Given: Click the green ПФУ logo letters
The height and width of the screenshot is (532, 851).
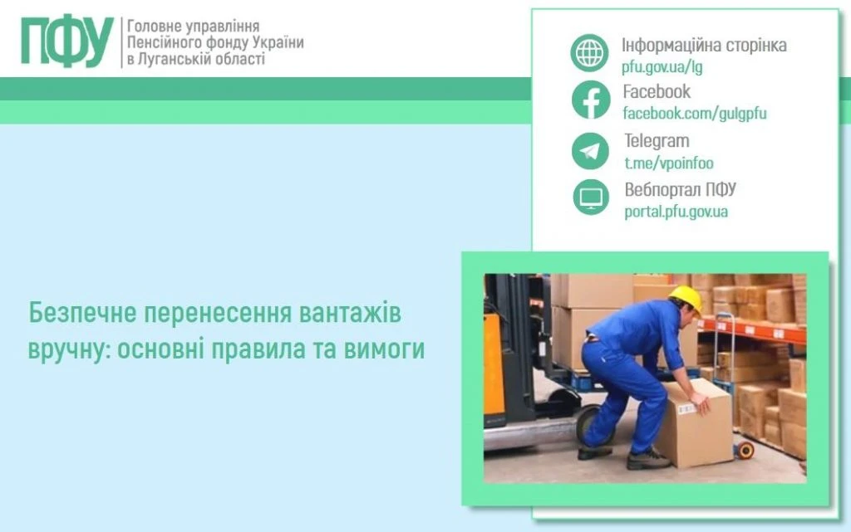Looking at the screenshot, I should tap(67, 41).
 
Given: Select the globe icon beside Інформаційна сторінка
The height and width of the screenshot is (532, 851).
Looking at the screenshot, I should tap(590, 53).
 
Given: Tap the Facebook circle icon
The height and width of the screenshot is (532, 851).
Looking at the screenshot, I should tap(590, 100).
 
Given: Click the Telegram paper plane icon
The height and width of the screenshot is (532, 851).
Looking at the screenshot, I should tap(590, 151).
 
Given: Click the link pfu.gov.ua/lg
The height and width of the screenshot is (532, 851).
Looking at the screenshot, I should tap(662, 67).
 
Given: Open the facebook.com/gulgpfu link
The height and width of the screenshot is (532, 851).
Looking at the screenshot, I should tap(694, 114).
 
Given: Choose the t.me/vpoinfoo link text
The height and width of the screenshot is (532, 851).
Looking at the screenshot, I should tap(668, 164).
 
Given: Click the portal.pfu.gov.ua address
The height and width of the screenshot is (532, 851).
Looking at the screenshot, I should tap(676, 212).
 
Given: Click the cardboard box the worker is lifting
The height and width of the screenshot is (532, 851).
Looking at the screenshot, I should tap(694, 423).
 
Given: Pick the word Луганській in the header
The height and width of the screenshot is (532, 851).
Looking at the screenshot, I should tap(178, 60).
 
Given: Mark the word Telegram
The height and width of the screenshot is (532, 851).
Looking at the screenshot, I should tap(657, 141).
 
